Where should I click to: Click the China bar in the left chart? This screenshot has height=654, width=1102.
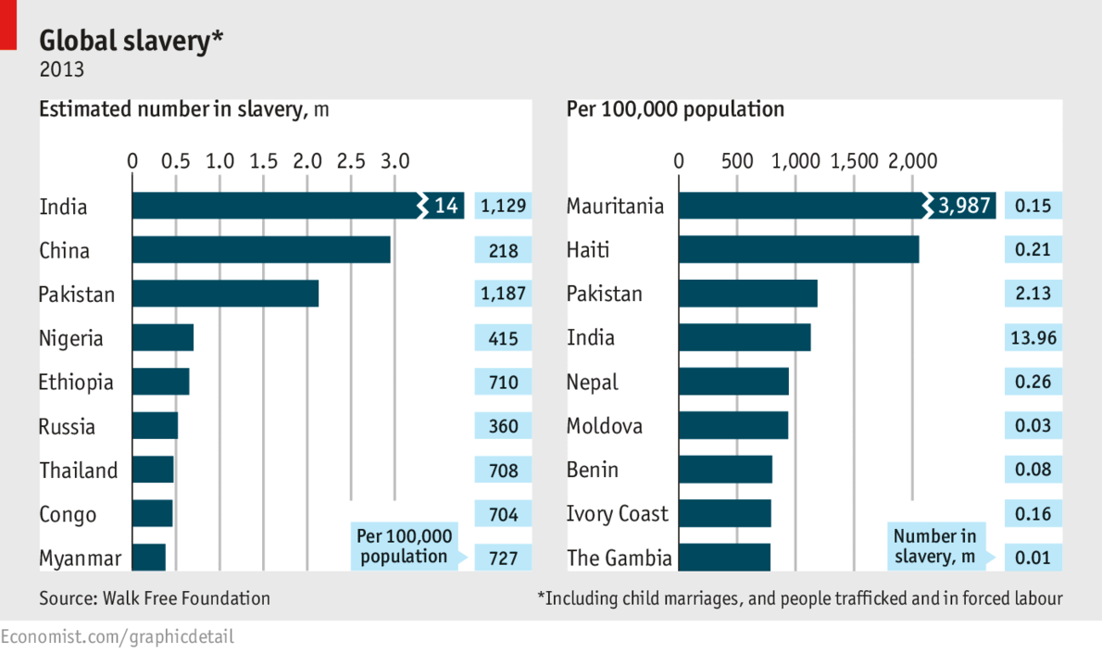tap(261, 250)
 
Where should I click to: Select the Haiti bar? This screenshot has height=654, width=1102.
tap(798, 250)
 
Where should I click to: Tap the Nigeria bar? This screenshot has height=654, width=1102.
tap(163, 338)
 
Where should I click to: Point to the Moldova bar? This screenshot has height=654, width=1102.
tap(733, 426)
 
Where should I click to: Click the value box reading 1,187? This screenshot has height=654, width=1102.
tap(503, 295)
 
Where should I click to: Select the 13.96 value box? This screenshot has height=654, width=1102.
tap(1033, 338)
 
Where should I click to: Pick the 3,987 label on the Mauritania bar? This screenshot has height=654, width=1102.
tap(964, 207)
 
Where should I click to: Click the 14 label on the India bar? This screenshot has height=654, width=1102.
tap(446, 207)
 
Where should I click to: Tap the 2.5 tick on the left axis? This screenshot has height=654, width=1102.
tap(351, 161)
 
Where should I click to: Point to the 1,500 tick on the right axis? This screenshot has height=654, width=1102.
tap(854, 161)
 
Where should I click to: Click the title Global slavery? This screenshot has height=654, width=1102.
tap(131, 41)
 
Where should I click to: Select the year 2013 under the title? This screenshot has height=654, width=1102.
tap(61, 69)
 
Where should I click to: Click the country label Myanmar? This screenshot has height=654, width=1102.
tap(81, 559)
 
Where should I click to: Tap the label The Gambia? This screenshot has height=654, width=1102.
tap(619, 559)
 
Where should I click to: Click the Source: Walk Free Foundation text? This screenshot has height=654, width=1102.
tap(155, 598)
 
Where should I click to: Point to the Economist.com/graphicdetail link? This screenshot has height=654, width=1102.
tap(118, 637)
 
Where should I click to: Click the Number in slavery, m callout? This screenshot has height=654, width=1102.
tap(934, 547)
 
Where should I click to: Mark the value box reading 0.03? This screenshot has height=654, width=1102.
tap(1033, 426)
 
